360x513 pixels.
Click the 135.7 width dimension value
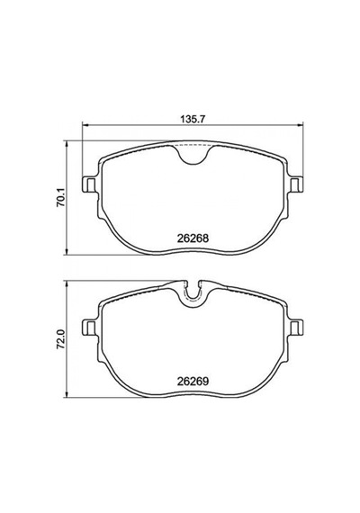click(193, 119)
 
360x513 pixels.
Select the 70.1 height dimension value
click(60, 198)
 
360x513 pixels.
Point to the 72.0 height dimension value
click(60, 339)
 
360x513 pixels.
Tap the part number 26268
click(193, 238)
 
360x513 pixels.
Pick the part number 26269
click(193, 382)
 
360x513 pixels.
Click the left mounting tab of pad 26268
click(89, 184)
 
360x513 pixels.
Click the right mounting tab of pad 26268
click(296, 184)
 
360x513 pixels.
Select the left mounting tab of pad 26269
click(89, 327)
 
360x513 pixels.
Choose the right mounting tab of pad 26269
click(296, 327)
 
